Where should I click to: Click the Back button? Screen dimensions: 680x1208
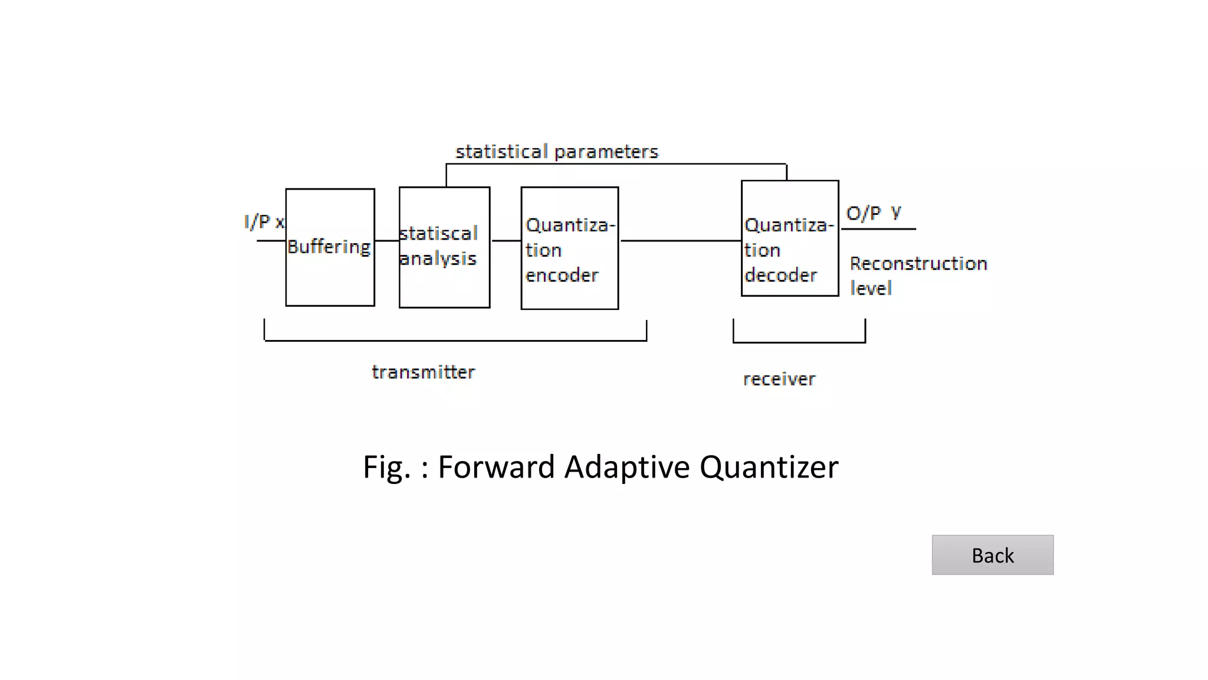992,555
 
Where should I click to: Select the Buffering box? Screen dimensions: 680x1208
330,247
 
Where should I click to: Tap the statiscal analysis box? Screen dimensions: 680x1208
444,247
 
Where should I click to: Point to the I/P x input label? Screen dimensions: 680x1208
264,222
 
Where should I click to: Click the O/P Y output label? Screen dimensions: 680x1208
873,213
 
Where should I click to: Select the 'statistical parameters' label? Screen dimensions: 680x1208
556,152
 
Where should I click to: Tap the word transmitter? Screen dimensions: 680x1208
423,372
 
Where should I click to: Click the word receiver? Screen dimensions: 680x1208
779,379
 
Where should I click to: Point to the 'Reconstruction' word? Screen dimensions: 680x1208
918,263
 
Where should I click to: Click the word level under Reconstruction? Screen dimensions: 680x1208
870,289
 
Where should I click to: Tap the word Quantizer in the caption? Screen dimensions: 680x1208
769,467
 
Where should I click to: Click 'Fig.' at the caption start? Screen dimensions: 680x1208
386,467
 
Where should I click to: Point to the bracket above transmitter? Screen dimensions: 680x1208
455,340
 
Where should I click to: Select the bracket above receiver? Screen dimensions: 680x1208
799,342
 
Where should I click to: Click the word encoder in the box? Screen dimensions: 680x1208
562,275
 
